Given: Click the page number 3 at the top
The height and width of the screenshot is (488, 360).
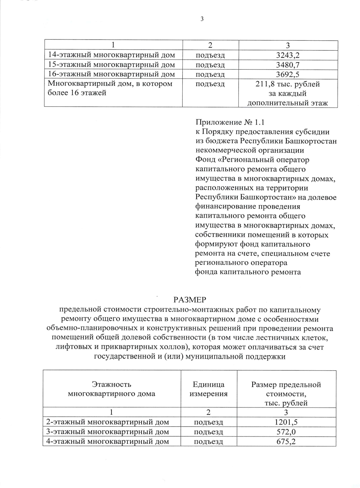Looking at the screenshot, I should pyautogui.click(x=202, y=19).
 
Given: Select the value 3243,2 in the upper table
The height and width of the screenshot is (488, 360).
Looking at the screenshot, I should pyautogui.click(x=288, y=55).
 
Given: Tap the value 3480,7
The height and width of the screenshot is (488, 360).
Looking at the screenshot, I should pyautogui.click(x=288, y=65).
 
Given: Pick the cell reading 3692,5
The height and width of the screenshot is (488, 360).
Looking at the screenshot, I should pyautogui.click(x=288, y=74).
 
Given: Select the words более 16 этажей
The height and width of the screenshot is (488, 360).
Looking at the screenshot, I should pyautogui.click(x=77, y=93).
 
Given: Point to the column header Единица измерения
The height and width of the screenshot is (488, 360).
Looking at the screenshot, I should pyautogui.click(x=208, y=389).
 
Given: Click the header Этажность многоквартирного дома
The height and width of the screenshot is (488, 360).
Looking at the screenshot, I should pyautogui.click(x=112, y=389).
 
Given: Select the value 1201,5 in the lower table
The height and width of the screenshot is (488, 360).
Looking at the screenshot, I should pyautogui.click(x=286, y=422).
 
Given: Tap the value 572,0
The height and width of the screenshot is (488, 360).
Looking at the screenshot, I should pyautogui.click(x=286, y=432).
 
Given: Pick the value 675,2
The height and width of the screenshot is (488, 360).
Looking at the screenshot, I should pyautogui.click(x=286, y=442).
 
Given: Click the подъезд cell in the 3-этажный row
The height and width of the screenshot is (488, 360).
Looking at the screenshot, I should pyautogui.click(x=208, y=432).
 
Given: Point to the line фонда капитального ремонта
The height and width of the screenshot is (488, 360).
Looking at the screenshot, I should pyautogui.click(x=248, y=272).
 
